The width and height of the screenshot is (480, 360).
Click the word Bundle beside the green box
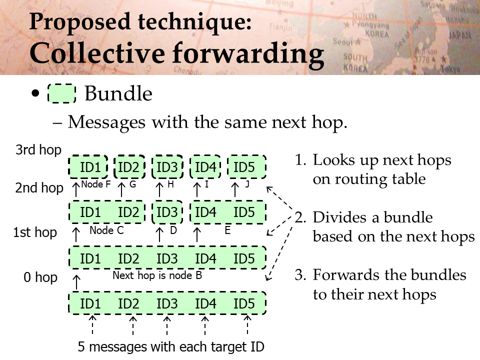click(x=118, y=93)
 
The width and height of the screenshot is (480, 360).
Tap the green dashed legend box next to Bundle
click(x=62, y=93)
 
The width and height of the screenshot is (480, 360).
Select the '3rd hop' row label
click(x=38, y=150)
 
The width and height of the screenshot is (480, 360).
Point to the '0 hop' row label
click(x=40, y=277)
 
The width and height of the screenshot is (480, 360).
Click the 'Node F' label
click(x=95, y=184)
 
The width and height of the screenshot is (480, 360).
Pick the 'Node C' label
click(x=106, y=230)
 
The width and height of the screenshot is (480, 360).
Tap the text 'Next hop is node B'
click(x=157, y=275)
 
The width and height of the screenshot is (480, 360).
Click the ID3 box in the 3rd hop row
click(x=167, y=167)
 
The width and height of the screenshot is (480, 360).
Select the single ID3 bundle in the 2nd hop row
click(x=167, y=212)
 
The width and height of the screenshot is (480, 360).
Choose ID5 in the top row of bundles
click(x=246, y=167)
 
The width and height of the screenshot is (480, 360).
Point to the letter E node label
click(x=227, y=230)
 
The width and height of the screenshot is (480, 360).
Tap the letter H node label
click(x=171, y=184)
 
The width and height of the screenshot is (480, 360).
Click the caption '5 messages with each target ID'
click(x=171, y=347)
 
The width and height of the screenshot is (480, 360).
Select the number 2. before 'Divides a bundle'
click(x=301, y=217)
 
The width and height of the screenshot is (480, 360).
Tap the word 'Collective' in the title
click(x=98, y=53)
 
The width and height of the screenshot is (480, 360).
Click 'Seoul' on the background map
click(x=342, y=41)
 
